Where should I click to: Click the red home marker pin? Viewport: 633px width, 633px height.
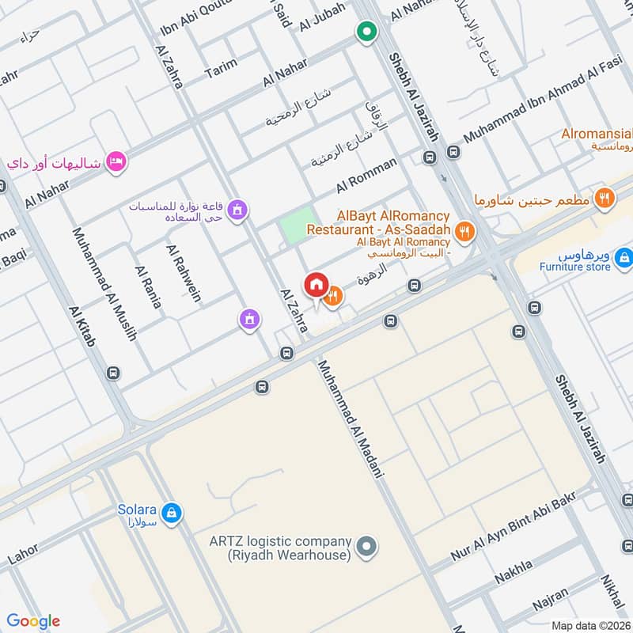pos(315,285)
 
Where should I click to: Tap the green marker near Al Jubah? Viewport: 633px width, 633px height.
pos(366,32)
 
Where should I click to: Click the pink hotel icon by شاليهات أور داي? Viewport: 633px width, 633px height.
pos(116,161)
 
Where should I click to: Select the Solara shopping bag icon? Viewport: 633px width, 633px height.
pos(172,514)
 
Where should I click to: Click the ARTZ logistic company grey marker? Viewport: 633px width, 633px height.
pos(366,546)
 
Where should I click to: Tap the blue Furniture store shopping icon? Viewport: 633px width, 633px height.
pos(624,256)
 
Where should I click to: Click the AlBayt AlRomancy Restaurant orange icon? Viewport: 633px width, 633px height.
pos(465,232)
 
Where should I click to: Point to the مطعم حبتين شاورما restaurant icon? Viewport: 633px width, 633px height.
pos(605,198)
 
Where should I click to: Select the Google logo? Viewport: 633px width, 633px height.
pos(33,621)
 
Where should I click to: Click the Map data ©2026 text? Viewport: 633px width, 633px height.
pos(591,625)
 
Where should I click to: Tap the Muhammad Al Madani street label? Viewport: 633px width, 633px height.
pos(351,419)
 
